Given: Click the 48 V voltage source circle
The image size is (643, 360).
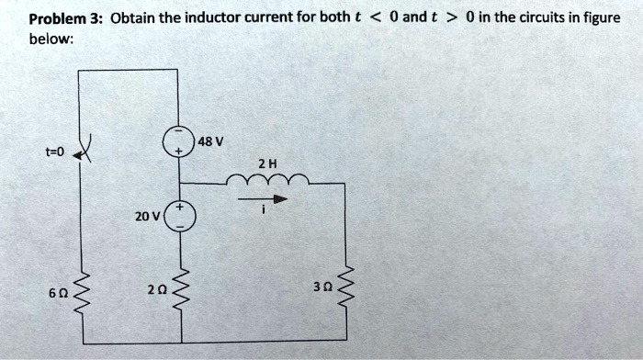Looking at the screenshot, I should pyautogui.click(x=178, y=143).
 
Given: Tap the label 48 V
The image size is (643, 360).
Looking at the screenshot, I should pyautogui.click(x=211, y=141).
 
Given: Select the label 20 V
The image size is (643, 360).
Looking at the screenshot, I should pyautogui.click(x=146, y=217).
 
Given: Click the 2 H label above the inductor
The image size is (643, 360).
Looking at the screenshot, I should pyautogui.click(x=267, y=163).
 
